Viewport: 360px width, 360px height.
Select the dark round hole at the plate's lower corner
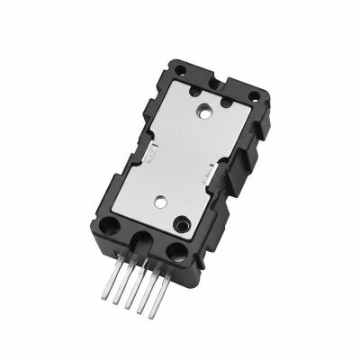click(182, 221)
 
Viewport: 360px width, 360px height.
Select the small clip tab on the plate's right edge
click(210, 178)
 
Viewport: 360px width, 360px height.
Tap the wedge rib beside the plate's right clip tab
click(227, 184)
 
